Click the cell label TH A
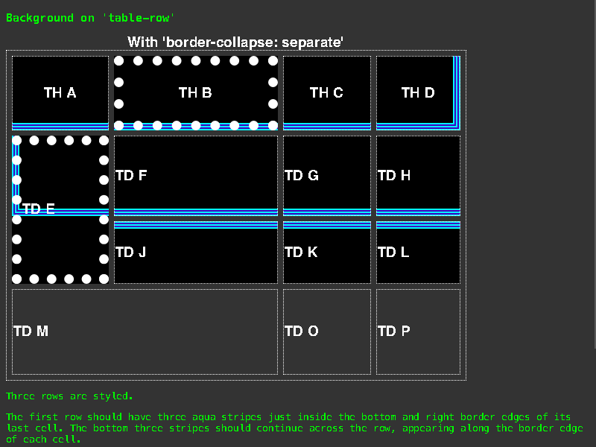click(x=60, y=92)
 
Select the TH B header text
click(x=195, y=92)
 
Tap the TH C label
click(x=326, y=92)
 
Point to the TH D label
click(x=418, y=92)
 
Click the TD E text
click(x=39, y=209)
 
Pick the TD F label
click(x=131, y=176)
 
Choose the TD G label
click(x=302, y=176)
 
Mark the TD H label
click(x=394, y=176)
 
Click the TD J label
click(x=131, y=253)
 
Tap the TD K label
click(x=301, y=253)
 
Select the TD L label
click(x=393, y=253)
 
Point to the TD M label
click(x=31, y=331)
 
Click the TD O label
click(x=302, y=331)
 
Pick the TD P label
click(x=394, y=331)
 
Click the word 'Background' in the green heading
click(x=40, y=18)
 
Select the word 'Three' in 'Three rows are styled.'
click(x=20, y=396)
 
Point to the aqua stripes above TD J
click(x=196, y=225)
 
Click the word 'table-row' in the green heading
click(x=139, y=18)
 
